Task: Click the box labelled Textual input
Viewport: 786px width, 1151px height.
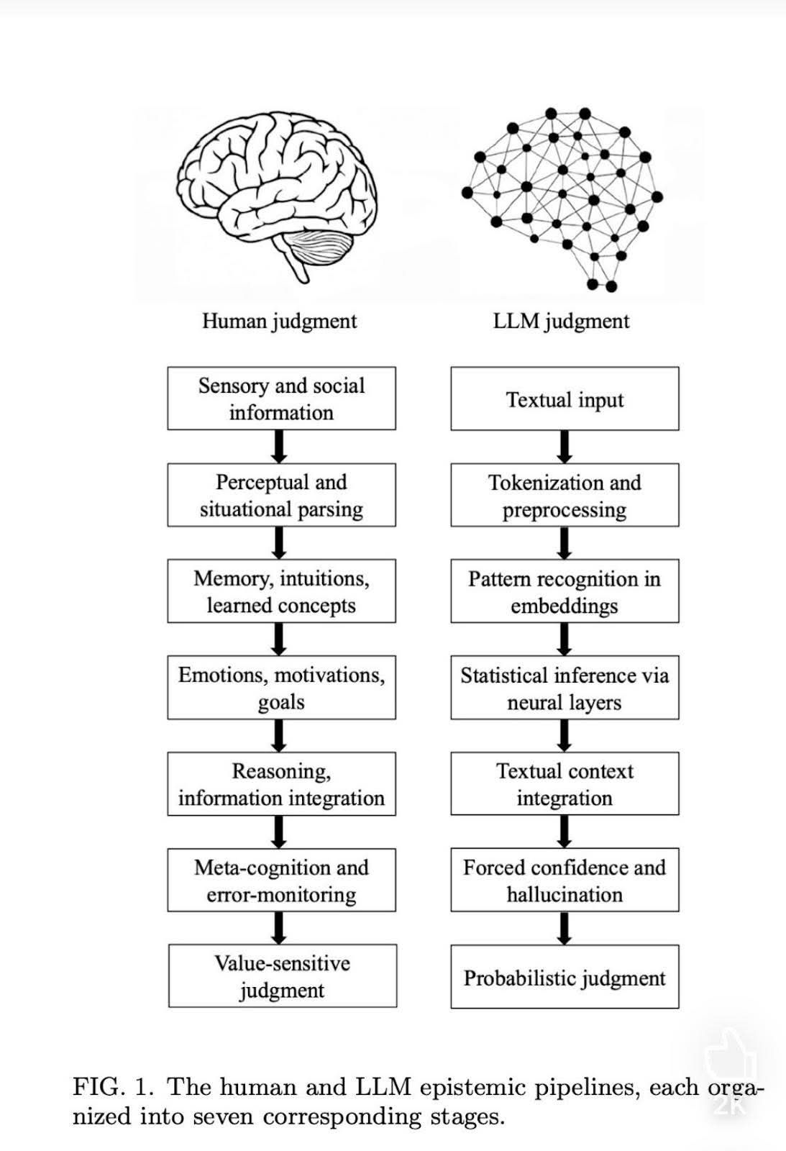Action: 565,399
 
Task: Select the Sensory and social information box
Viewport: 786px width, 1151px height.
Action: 281,399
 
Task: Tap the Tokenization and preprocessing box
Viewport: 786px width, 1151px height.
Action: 565,495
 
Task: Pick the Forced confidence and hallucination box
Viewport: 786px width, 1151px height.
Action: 565,880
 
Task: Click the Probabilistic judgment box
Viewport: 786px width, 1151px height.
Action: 565,977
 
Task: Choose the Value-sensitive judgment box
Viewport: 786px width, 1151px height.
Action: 282,976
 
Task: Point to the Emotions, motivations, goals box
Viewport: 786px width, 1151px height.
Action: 281,687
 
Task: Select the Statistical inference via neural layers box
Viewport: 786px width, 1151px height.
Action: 565,687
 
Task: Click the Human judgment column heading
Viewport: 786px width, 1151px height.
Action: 279,321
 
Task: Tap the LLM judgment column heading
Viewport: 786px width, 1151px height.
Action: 561,321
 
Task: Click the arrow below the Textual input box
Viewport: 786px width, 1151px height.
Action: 565,447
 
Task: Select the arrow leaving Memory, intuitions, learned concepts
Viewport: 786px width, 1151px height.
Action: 280,639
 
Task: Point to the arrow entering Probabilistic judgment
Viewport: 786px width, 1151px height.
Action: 565,928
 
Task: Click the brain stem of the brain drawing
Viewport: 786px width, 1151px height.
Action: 295,266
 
